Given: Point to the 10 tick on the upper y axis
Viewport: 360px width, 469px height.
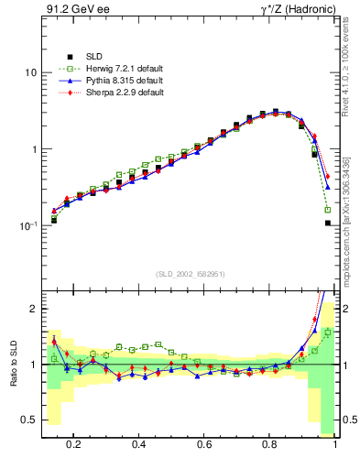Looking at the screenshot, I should (x=30, y=72).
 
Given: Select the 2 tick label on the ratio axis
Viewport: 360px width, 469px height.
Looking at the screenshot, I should (x=33, y=309).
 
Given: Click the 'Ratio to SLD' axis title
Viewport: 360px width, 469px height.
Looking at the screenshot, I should (x=13, y=365).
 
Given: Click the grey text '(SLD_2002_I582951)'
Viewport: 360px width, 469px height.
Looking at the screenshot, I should (x=190, y=274).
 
